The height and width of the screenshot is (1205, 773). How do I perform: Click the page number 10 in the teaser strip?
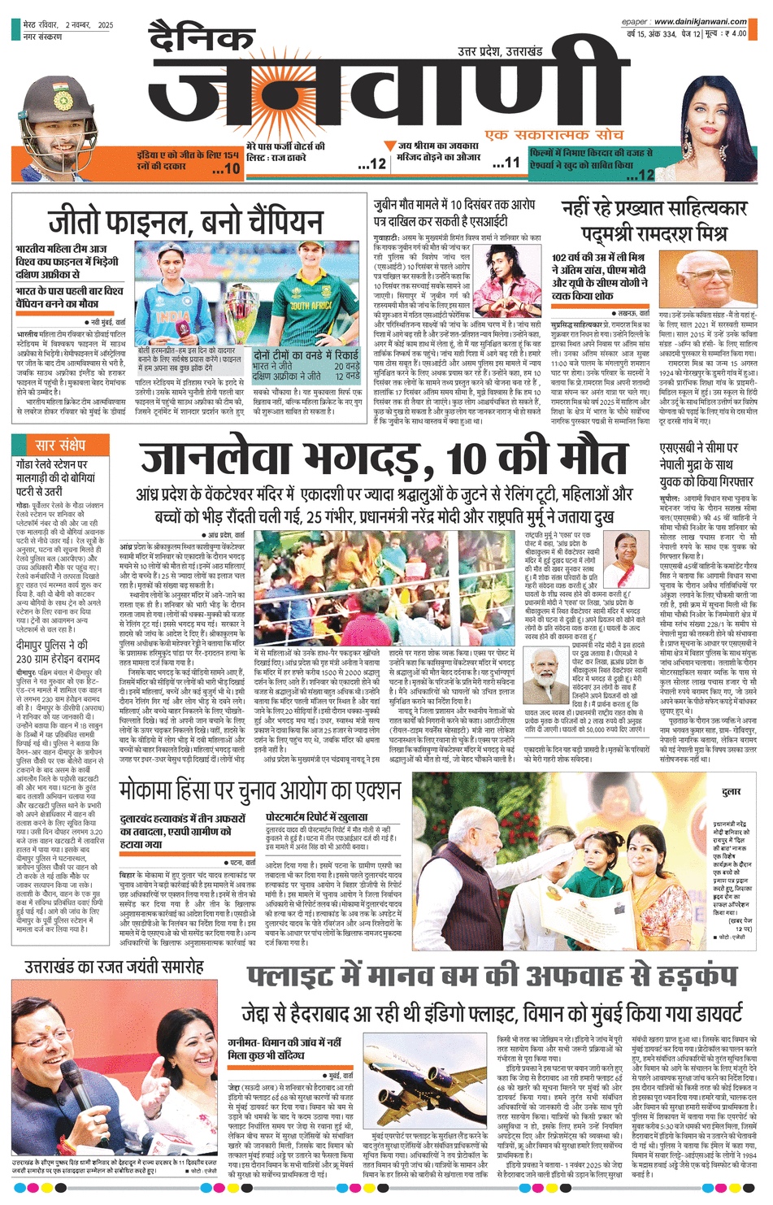(x=227, y=169)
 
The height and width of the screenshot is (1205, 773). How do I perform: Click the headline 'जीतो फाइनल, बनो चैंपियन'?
(x=185, y=222)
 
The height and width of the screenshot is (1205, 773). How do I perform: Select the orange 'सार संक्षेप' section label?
(x=60, y=445)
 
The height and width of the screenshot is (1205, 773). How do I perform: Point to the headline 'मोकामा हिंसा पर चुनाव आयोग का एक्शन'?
(x=260, y=790)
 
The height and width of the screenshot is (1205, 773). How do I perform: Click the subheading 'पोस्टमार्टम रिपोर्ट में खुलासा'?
(x=317, y=816)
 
